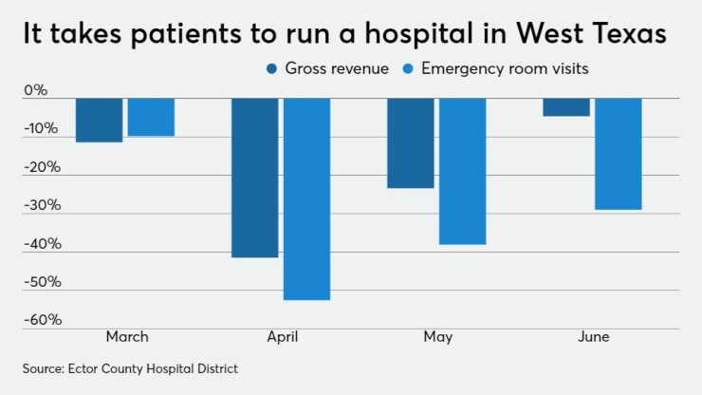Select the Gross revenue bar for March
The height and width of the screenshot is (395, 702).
point(100,120)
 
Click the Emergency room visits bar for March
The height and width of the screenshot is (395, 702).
point(151,117)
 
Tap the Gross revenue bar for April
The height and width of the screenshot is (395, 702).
point(255,178)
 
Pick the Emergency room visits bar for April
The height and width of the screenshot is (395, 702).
point(306,198)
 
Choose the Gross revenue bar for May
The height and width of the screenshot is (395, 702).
point(411,142)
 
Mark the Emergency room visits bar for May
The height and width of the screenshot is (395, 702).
point(462,171)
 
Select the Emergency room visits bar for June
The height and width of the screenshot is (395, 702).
point(618,154)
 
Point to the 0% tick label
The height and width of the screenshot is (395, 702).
point(35,91)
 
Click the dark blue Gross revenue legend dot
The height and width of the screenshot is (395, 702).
point(272,68)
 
